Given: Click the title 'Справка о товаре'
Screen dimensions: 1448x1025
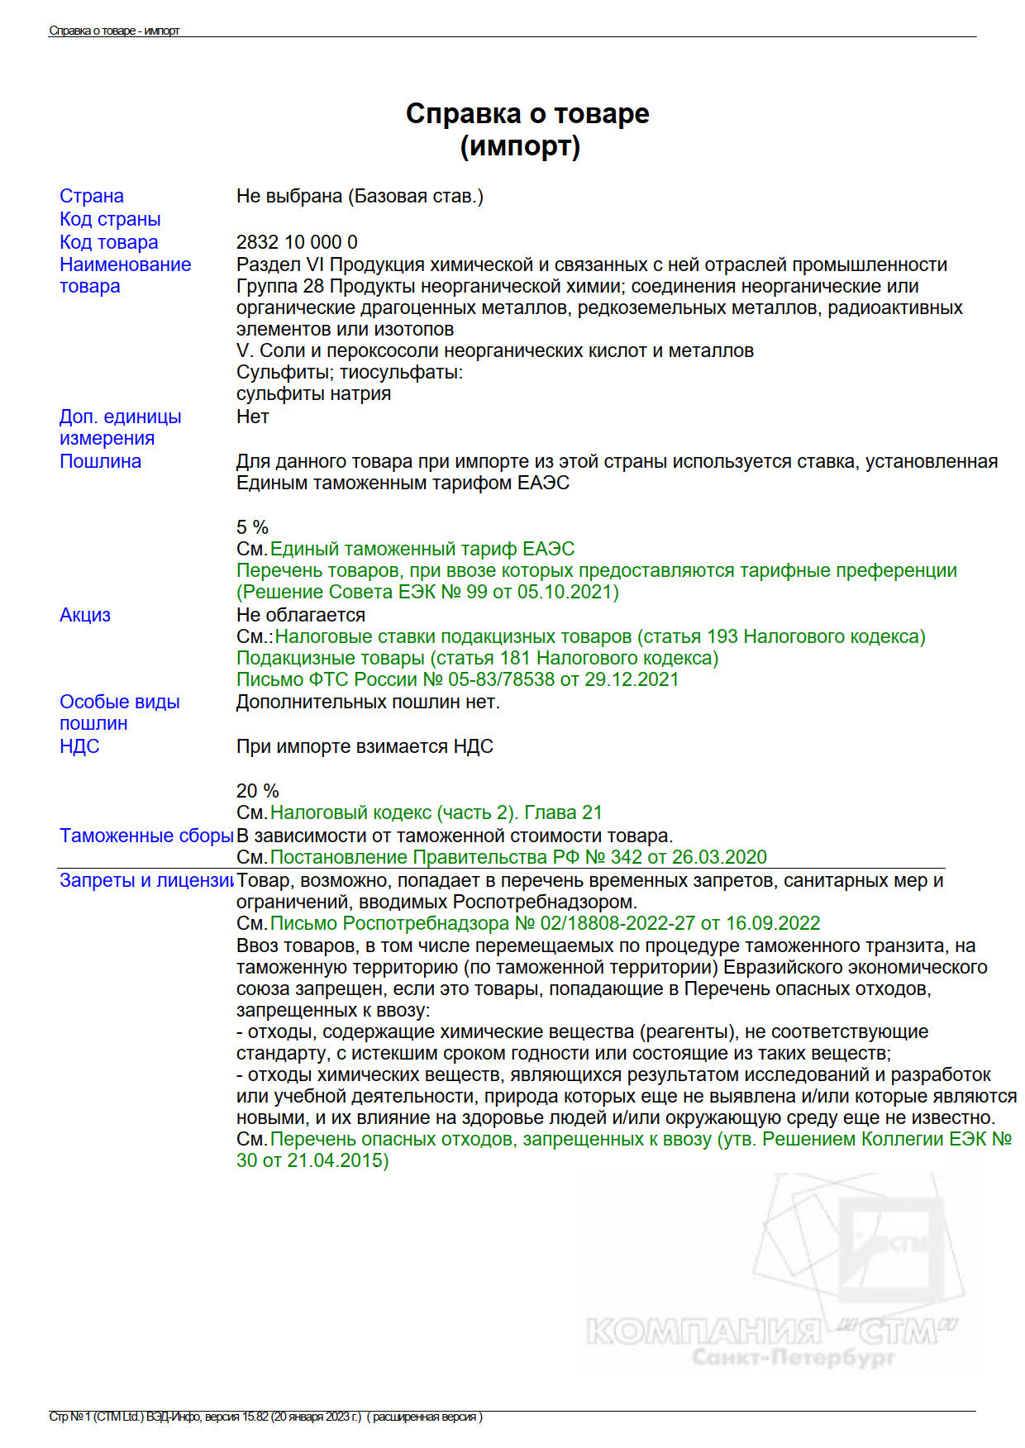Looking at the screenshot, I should tap(527, 113).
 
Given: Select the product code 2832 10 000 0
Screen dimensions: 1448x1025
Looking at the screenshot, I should tap(297, 242).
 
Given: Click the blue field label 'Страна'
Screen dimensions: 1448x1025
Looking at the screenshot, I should tap(91, 196).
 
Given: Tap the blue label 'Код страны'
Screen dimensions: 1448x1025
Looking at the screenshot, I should tap(110, 219).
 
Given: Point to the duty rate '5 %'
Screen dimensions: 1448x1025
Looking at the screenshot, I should tap(252, 527).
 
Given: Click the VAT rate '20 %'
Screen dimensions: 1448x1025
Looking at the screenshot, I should tap(257, 791).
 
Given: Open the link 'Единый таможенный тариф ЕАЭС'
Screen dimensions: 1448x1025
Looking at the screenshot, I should tap(422, 549).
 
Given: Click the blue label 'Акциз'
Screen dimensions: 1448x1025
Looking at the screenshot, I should tap(84, 615).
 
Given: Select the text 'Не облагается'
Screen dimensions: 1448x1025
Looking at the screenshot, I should tap(300, 615).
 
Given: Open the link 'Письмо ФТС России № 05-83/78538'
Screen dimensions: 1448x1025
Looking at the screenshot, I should tap(457, 679).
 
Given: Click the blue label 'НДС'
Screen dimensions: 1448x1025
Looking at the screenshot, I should tap(79, 746).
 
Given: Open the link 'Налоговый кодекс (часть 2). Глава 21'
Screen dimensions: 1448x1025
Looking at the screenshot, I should tap(436, 812).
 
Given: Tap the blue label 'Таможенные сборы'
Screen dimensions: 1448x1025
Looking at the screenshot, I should tap(146, 836).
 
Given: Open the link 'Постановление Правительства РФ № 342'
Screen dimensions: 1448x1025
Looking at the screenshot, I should tap(518, 857).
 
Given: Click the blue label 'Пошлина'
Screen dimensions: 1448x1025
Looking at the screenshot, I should tap(100, 461).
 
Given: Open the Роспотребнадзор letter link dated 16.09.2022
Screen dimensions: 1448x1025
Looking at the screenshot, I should tap(545, 923).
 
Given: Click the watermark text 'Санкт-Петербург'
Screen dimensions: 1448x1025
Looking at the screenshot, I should tap(793, 1357).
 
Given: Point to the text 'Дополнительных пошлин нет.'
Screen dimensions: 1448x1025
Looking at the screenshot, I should tap(368, 702).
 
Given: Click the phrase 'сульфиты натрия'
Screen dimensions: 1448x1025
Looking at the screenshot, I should tap(313, 393).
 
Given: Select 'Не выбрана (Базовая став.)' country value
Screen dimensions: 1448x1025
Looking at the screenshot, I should tap(360, 196).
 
